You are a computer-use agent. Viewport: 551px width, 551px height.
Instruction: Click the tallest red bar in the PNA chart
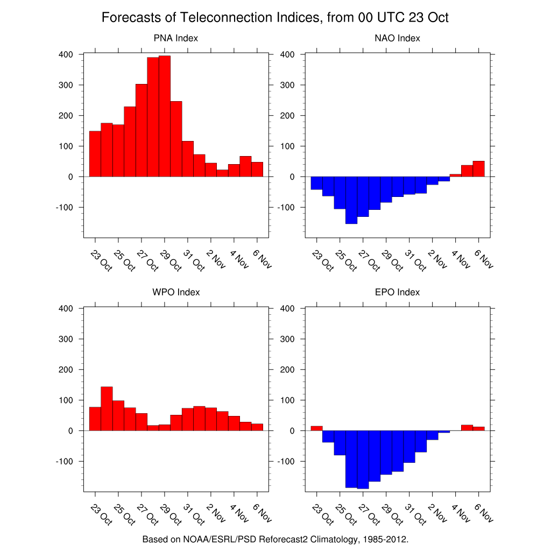point(165,116)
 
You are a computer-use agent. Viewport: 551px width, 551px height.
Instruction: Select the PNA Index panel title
point(175,38)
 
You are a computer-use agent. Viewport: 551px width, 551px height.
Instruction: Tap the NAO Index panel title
point(397,38)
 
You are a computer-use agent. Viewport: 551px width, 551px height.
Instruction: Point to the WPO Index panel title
point(175,292)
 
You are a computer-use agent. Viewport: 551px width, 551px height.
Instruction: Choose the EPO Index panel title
point(397,292)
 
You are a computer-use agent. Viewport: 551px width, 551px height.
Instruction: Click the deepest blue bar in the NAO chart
point(351,200)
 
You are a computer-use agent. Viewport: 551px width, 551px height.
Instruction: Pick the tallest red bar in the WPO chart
point(107,408)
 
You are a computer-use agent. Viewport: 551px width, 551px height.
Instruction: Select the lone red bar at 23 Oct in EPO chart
point(317,428)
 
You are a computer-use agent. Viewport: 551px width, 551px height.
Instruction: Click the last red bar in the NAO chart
point(478,169)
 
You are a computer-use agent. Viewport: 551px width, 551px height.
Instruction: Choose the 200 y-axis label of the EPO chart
point(288,370)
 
